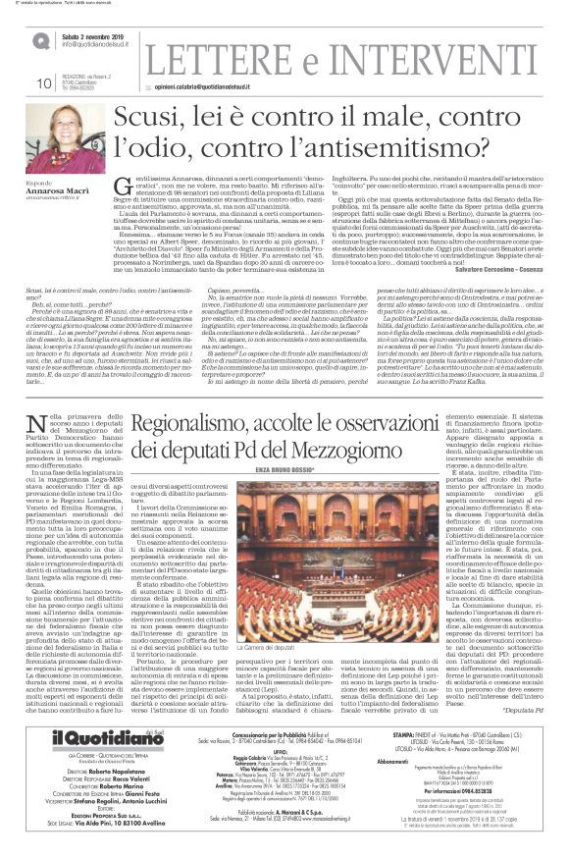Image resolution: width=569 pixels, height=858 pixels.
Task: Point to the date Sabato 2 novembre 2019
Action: (94, 33)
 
